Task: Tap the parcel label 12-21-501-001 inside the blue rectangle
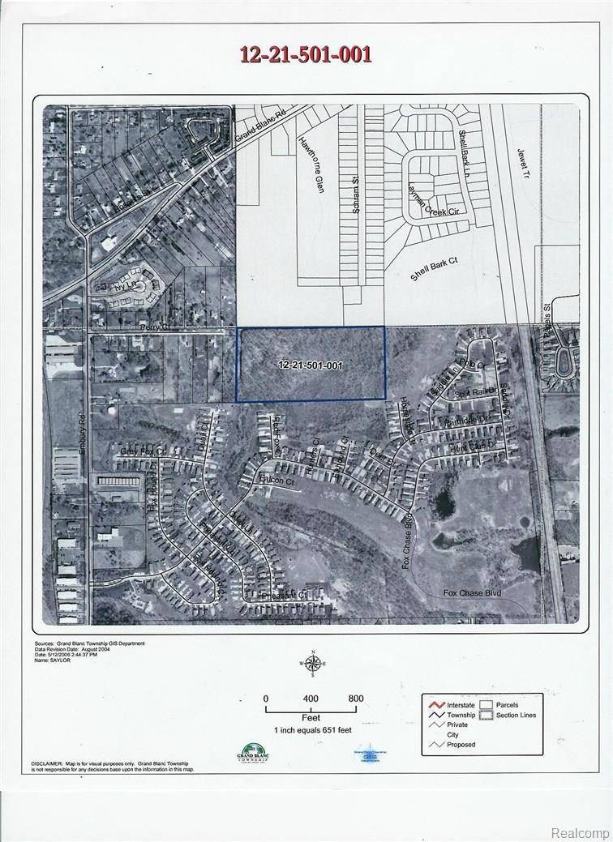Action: tap(310, 365)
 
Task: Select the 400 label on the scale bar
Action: tap(311, 698)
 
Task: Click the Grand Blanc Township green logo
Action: tap(249, 754)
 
